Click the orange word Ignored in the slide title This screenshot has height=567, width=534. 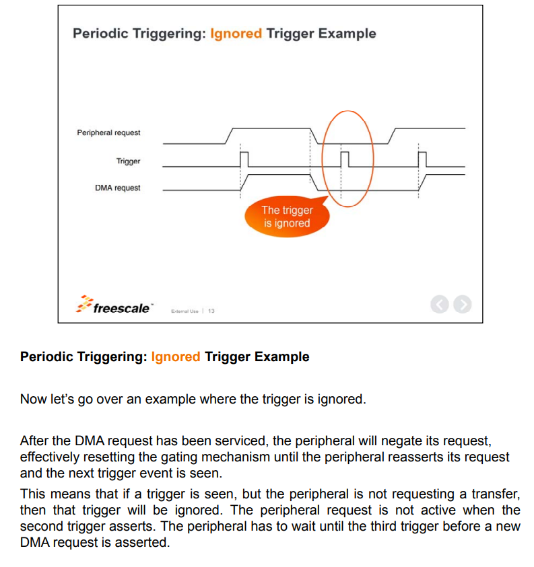pyautogui.click(x=236, y=34)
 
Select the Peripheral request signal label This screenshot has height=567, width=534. pyautogui.click(x=108, y=133)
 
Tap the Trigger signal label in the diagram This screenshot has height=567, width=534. pyautogui.click(x=128, y=161)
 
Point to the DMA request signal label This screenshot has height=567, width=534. pyautogui.click(x=118, y=188)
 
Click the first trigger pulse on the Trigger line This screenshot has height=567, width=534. pyautogui.click(x=244, y=160)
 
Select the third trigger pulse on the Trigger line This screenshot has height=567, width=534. pyautogui.click(x=422, y=160)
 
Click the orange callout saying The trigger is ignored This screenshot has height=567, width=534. pyautogui.click(x=287, y=217)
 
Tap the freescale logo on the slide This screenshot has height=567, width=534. pyautogui.click(x=116, y=307)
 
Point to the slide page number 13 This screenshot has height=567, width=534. pyautogui.click(x=211, y=311)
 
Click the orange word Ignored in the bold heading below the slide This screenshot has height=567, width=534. pyautogui.click(x=176, y=357)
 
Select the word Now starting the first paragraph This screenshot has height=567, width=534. pyautogui.click(x=33, y=399)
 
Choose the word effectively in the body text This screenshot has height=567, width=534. pyautogui.click(x=53, y=457)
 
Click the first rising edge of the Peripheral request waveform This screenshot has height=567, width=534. pyautogui.click(x=230, y=135)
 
